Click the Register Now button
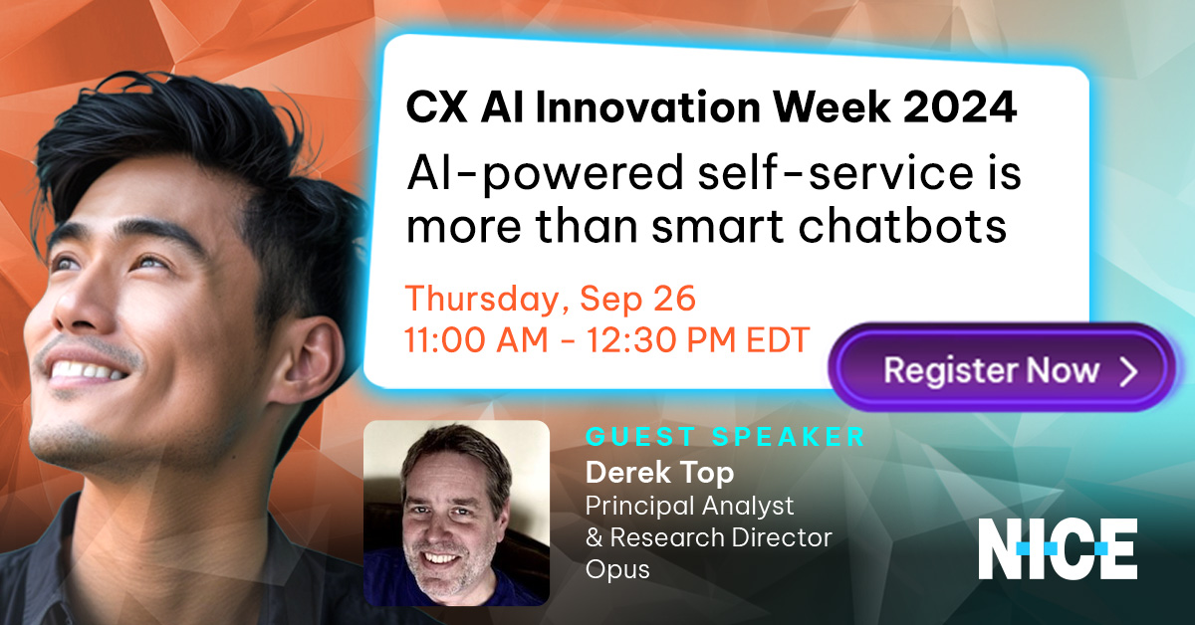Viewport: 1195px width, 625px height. tap(1002, 368)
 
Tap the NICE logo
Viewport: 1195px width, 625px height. tap(1058, 549)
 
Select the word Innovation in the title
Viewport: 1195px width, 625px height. tap(648, 107)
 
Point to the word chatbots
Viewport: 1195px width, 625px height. tap(902, 226)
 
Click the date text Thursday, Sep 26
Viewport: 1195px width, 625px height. tap(551, 300)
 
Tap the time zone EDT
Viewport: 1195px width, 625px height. tap(778, 339)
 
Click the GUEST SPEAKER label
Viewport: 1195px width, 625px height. tap(725, 437)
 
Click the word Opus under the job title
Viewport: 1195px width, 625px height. tap(617, 569)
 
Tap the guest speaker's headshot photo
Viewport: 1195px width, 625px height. tap(457, 513)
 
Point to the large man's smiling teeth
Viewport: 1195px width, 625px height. tap(88, 370)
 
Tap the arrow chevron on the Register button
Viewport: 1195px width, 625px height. tap(1129, 371)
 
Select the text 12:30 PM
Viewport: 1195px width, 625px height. tap(661, 339)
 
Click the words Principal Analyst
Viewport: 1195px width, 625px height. tap(689, 507)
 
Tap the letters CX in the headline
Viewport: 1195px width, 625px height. tap(436, 107)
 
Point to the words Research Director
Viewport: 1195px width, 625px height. tap(721, 537)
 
